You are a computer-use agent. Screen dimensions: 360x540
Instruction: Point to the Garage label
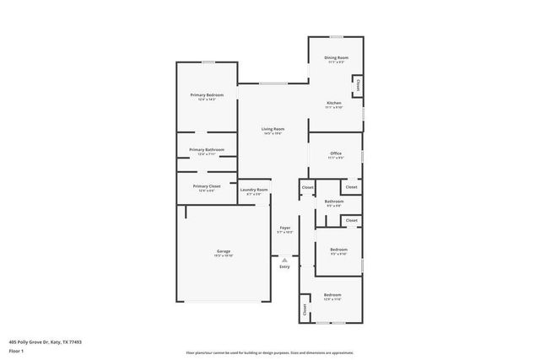(224, 251)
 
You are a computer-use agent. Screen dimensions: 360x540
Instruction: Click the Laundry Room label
(254, 190)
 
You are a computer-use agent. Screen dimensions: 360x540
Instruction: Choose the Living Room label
(272, 128)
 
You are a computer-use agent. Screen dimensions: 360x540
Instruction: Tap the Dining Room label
(337, 57)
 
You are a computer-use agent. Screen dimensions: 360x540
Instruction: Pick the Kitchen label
(334, 103)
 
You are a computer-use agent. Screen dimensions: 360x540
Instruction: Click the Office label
(335, 153)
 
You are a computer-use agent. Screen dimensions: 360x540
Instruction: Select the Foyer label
(285, 228)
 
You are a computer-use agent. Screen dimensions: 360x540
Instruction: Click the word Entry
(284, 267)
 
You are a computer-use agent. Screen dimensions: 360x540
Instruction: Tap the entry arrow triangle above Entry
(284, 260)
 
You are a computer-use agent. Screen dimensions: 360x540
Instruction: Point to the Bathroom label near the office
(334, 201)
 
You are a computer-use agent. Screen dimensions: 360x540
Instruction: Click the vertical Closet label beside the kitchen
(359, 85)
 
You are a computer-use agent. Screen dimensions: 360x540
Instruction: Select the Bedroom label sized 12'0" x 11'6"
(333, 295)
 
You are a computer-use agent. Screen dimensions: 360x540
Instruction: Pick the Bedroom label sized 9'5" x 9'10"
(338, 250)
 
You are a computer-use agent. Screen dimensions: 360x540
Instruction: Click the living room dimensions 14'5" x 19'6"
(272, 133)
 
